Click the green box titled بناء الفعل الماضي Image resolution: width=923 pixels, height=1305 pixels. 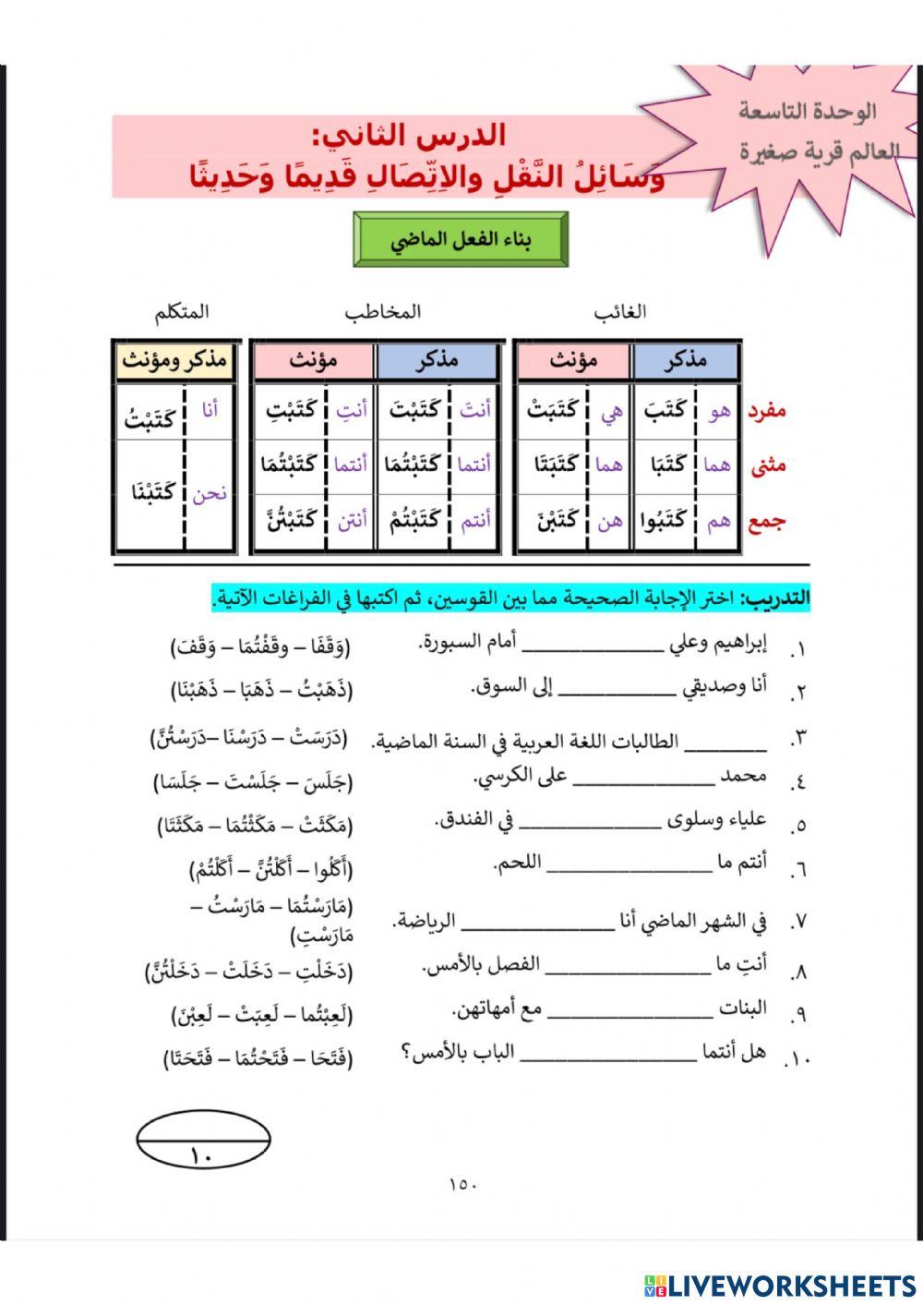pyautogui.click(x=461, y=240)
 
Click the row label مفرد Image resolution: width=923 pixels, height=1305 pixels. pyautogui.click(x=766, y=410)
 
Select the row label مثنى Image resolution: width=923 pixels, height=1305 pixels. pyautogui.click(x=768, y=465)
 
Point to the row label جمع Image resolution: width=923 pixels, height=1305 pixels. pyautogui.click(x=766, y=521)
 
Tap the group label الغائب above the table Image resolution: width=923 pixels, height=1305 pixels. pyautogui.click(x=620, y=311)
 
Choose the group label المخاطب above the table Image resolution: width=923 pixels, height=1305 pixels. pyautogui.click(x=382, y=311)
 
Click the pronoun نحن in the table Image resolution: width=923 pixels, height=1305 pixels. pyautogui.click(x=210, y=493)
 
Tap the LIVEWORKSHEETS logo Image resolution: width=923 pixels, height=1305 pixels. pyautogui.click(x=780, y=1287)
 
